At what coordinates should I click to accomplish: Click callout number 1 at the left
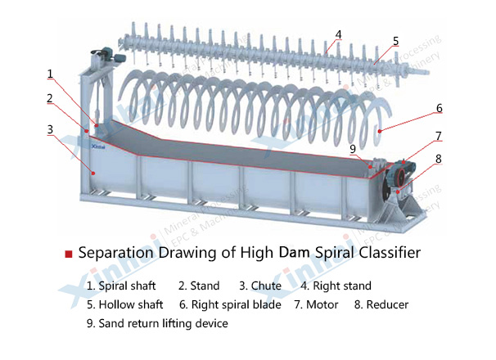[x=50, y=74]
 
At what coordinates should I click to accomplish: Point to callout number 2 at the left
[x=50, y=99]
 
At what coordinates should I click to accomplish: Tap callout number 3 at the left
[x=50, y=129]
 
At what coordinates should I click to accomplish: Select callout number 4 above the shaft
[x=338, y=34]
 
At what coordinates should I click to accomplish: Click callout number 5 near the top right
[x=395, y=40]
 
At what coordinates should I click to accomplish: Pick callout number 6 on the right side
[x=439, y=107]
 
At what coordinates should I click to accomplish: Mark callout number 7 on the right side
[x=439, y=136]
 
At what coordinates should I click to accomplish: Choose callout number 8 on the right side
[x=439, y=159]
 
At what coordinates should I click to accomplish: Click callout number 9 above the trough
[x=353, y=149]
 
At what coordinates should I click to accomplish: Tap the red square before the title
[x=69, y=254]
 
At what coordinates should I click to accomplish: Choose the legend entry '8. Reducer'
[x=381, y=304]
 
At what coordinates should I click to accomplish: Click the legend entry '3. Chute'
[x=261, y=286]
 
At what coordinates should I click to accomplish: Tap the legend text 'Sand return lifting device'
[x=163, y=323]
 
